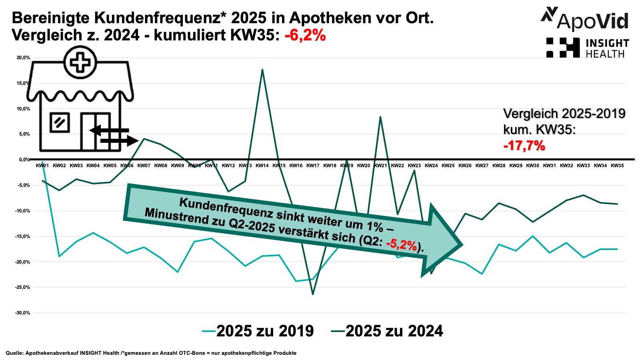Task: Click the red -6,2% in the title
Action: point(305,35)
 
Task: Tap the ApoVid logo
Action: point(585,19)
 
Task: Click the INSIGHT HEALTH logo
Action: point(588,48)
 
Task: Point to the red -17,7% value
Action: point(524,145)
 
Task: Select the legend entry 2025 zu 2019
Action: point(258,331)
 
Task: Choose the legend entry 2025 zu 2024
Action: point(388,331)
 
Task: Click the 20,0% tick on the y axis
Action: point(23,58)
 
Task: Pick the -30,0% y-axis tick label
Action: point(23,313)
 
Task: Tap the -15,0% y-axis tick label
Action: point(23,236)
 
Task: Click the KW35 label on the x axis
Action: point(617,166)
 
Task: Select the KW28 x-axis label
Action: point(499,166)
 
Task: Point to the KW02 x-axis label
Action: point(59,166)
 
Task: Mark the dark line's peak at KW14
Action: point(262,70)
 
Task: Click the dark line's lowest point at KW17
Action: point(313,294)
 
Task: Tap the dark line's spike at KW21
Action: point(380,117)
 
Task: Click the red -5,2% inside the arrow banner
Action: point(401,244)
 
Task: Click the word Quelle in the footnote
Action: point(14,353)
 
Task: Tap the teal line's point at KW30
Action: point(532,236)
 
